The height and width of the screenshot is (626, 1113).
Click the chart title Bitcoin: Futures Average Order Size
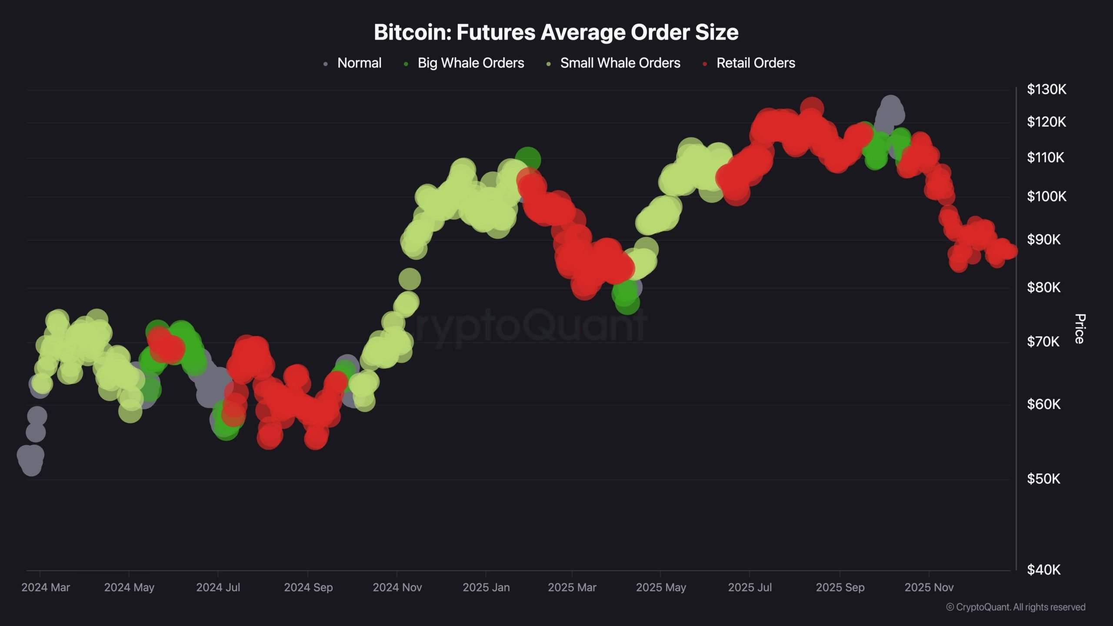pos(556,32)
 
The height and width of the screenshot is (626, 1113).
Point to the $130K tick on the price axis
pos(1046,90)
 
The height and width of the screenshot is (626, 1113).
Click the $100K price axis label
pos(1046,196)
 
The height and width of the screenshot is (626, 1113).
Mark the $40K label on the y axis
pos(1043,569)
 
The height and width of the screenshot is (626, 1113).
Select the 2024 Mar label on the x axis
pos(46,587)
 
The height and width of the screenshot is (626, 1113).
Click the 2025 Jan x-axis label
pos(486,587)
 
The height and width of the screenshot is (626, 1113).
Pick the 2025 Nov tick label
pos(929,587)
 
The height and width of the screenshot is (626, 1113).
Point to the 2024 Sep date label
pos(308,587)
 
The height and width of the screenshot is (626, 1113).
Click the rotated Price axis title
pos(1080,329)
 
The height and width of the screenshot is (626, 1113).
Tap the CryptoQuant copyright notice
pos(1016,607)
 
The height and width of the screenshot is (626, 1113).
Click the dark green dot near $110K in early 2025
pos(528,159)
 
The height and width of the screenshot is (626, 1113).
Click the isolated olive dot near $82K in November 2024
pos(410,279)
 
